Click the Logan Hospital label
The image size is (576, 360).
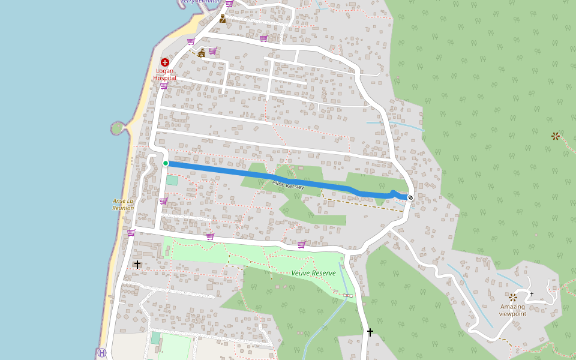tap(164, 74)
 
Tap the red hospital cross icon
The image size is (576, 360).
tap(164, 62)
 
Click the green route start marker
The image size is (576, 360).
tap(166, 163)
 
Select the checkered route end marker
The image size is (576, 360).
tap(410, 197)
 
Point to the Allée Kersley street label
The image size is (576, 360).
tap(288, 185)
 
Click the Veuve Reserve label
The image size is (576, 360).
tap(313, 273)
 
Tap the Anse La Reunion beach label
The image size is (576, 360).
tap(123, 205)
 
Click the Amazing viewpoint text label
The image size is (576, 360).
tap(512, 310)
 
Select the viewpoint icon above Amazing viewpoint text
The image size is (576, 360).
tap(513, 297)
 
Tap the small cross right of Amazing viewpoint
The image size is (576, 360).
tap(532, 294)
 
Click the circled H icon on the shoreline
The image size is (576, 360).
tap(101, 353)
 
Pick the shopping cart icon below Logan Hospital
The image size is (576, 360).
tap(163, 86)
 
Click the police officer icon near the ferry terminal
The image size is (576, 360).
tap(223, 19)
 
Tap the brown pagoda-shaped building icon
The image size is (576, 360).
tap(202, 53)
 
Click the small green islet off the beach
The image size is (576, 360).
tap(118, 128)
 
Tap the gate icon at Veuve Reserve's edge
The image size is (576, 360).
tap(349, 295)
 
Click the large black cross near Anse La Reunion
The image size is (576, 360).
tap(137, 264)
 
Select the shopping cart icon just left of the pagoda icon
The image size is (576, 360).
tap(191, 41)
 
